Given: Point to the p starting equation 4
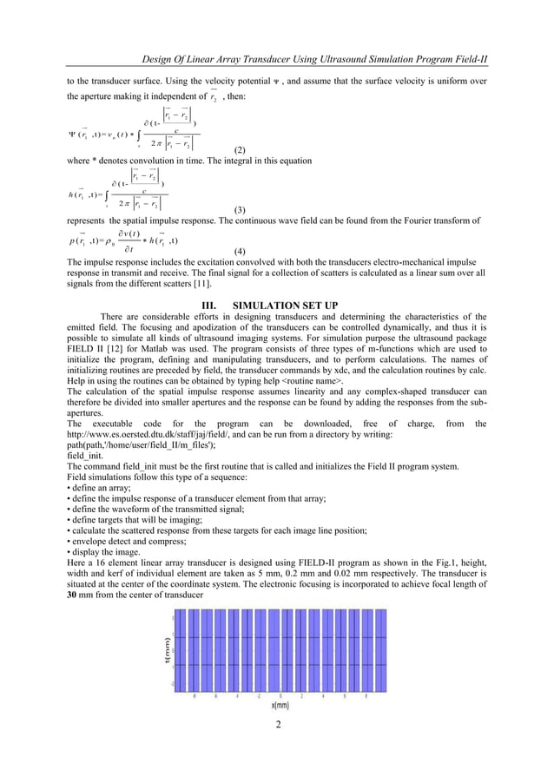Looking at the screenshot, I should pyautogui.click(x=69, y=239).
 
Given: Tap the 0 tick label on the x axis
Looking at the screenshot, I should pyautogui.click(x=279, y=695).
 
